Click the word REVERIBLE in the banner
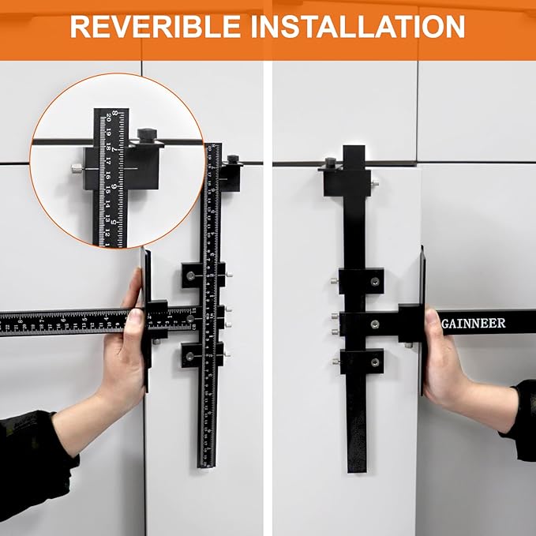point(156,27)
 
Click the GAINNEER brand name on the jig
point(474,323)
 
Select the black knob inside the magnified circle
point(147,135)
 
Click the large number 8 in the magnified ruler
point(115,114)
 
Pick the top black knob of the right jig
point(330,163)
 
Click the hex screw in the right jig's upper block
point(375,280)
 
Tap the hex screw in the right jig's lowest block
point(375,362)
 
